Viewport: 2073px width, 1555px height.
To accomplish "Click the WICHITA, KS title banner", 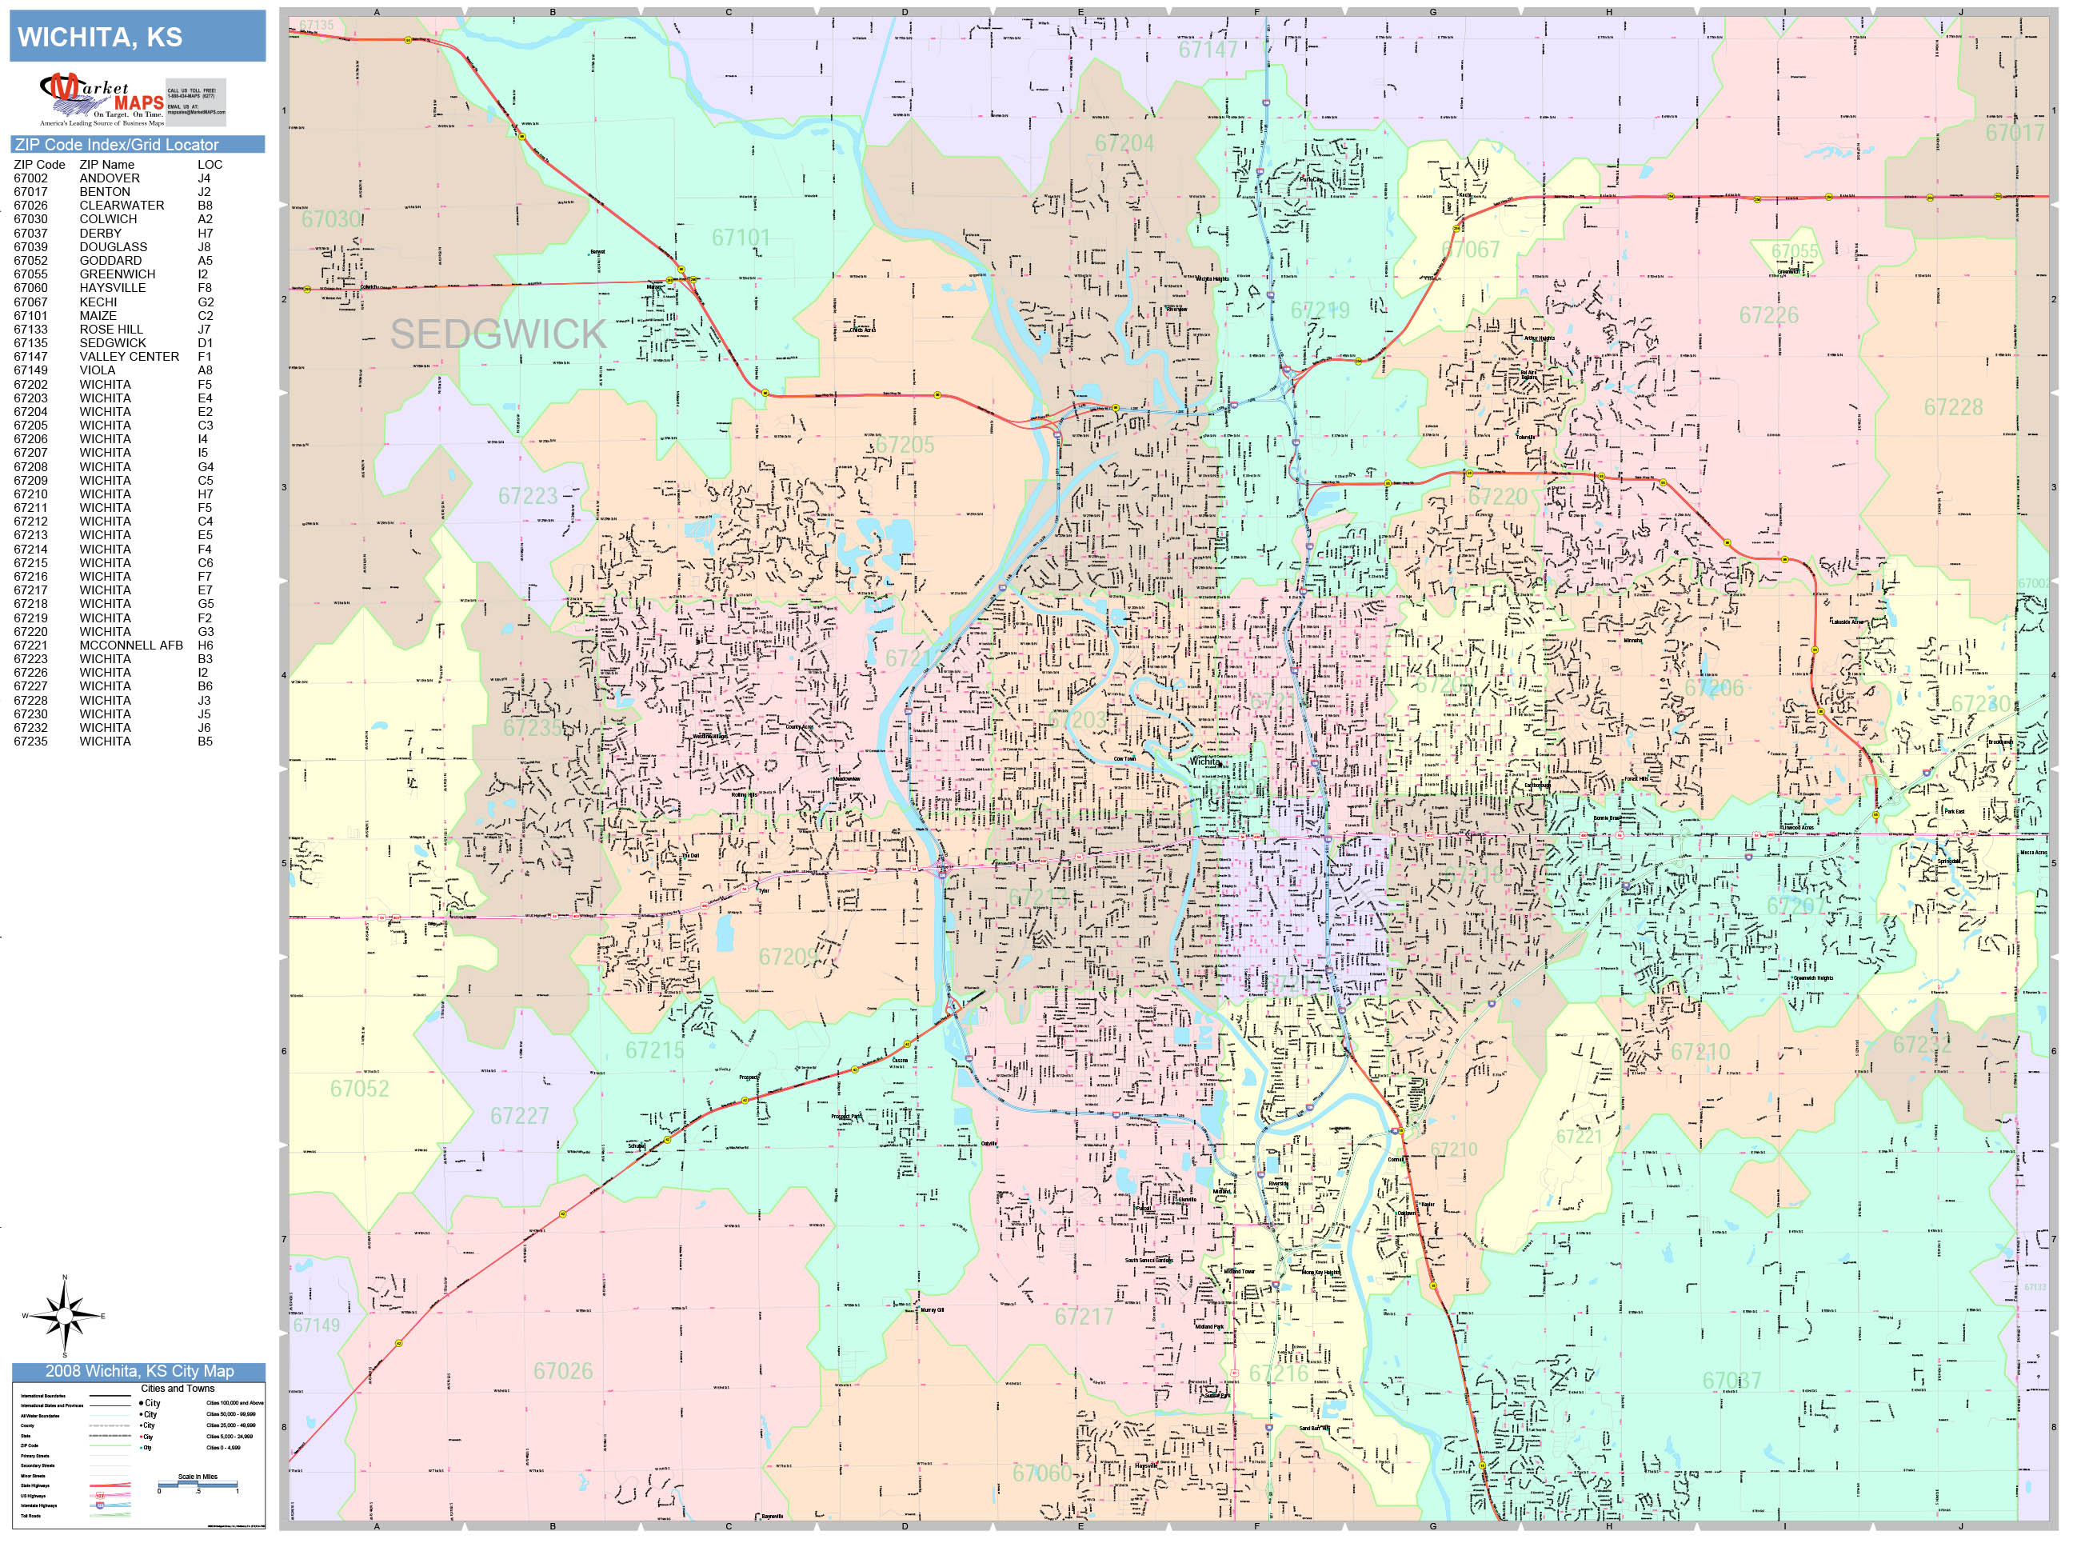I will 137,38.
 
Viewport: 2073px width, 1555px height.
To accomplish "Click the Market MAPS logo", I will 102,99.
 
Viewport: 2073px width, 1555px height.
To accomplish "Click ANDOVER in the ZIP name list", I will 110,178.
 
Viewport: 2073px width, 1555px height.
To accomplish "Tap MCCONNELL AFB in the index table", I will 131,645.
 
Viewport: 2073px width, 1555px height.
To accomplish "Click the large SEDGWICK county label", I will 497,334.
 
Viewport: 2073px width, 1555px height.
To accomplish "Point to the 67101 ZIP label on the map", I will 741,238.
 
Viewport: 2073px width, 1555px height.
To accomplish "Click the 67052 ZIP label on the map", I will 359,1088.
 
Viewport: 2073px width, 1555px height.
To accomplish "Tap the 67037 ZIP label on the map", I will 1731,1380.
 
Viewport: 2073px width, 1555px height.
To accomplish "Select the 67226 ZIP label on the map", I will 1768,315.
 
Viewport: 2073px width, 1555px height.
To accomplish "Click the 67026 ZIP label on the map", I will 563,1370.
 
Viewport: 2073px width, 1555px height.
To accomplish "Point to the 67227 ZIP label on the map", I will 519,1115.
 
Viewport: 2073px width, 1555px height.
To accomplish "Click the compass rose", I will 65,1316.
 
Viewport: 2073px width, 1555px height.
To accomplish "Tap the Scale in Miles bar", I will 198,1484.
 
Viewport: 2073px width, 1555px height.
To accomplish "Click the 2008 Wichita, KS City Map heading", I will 138,1370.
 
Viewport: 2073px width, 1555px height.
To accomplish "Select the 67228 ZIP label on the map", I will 1953,407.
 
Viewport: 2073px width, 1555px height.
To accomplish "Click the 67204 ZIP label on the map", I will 1124,143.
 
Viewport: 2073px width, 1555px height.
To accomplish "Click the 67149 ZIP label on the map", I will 316,1325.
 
